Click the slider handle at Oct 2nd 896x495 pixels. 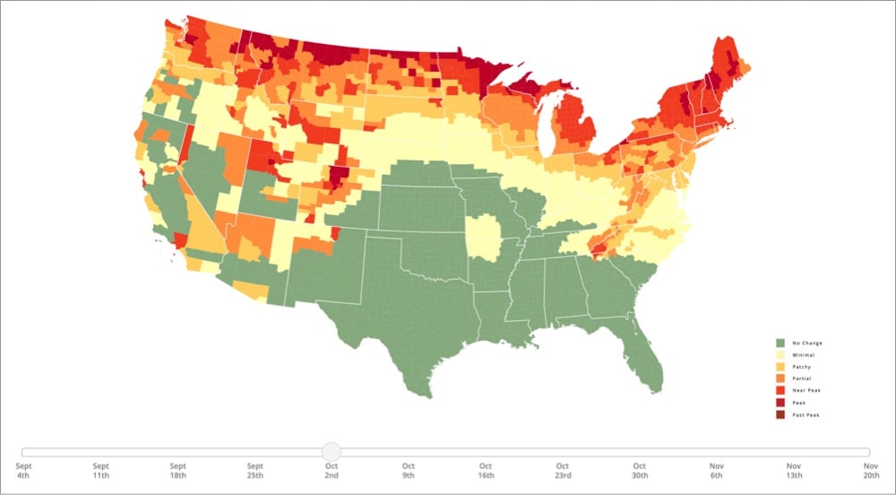click(332, 452)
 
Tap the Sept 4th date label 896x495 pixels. click(24, 471)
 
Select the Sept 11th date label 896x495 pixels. click(101, 471)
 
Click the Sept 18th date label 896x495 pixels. click(178, 471)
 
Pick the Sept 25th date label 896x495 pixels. click(255, 471)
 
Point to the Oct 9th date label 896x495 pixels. click(409, 471)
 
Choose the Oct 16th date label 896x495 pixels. click(486, 471)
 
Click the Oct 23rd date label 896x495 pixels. click(563, 471)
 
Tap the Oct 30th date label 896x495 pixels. click(640, 471)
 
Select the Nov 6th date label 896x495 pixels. click(717, 471)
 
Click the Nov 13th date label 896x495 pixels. click(794, 471)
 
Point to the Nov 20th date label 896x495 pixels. click(870, 471)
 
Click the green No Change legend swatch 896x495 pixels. click(780, 343)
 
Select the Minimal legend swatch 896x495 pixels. click(780, 355)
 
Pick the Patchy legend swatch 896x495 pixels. click(780, 367)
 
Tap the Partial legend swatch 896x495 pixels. click(780, 378)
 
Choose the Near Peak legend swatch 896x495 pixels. click(780, 390)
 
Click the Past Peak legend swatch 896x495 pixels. click(780, 414)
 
